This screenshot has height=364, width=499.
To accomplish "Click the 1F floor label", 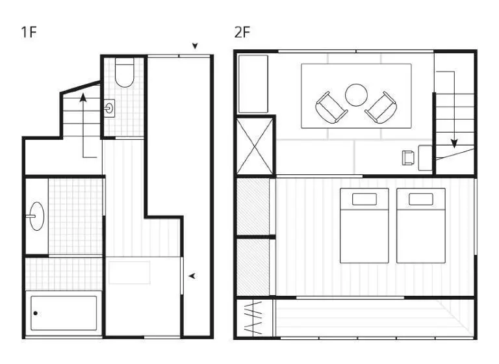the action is (29, 32).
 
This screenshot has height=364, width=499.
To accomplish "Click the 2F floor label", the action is (242, 32).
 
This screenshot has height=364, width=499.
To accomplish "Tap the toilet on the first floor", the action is (125, 72).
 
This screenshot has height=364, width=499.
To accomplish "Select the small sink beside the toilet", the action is (109, 109).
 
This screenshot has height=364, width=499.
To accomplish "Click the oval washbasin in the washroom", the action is (36, 216).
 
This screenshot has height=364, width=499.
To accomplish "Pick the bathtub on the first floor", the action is (64, 313).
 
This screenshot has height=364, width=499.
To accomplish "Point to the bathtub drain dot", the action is (35, 313).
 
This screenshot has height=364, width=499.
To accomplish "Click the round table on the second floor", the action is (356, 95).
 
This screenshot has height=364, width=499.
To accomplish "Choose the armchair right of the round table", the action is (381, 108).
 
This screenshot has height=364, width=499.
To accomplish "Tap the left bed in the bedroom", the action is (365, 226).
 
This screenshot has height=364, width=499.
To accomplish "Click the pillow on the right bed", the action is (421, 200).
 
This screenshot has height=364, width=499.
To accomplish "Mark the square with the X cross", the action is (255, 146).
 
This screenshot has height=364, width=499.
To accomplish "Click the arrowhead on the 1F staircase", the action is (83, 97).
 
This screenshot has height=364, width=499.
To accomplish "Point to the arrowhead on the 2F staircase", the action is (454, 144).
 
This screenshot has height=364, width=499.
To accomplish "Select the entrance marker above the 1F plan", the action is (195, 46).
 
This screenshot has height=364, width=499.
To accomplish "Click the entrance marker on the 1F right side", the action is (192, 276).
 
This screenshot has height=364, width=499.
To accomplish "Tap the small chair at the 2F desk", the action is (408, 158).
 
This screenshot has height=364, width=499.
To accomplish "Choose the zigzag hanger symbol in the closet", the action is (253, 318).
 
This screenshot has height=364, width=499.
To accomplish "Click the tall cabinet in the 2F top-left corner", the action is (253, 84).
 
